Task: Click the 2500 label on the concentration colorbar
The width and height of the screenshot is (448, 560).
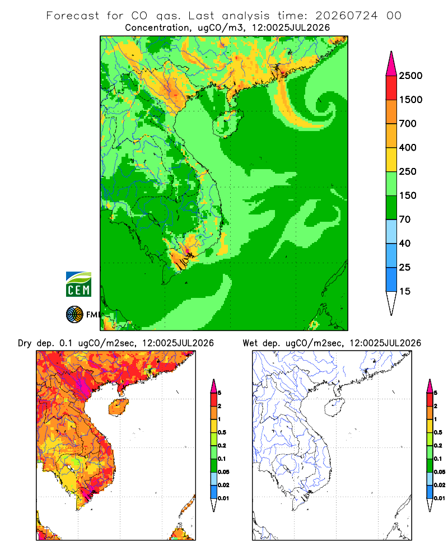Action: pyautogui.click(x=410, y=76)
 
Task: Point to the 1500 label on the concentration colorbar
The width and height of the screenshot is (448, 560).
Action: pyautogui.click(x=410, y=100)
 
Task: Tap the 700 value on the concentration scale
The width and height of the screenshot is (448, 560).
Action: pyautogui.click(x=408, y=124)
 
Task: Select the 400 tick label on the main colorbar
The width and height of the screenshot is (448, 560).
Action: pyautogui.click(x=408, y=147)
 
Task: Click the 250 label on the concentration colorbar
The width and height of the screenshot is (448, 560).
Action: pyautogui.click(x=408, y=171)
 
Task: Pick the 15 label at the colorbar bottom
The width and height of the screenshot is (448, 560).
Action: pyautogui.click(x=405, y=291)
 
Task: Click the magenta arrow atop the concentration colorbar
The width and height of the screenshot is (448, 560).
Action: pyautogui.click(x=391, y=63)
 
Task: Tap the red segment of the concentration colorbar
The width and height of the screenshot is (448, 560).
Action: pyautogui.click(x=391, y=88)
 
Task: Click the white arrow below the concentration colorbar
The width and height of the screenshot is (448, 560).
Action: pyautogui.click(x=391, y=304)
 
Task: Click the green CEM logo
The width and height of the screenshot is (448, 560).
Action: pyautogui.click(x=78, y=284)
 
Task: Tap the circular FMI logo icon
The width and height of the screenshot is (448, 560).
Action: pyautogui.click(x=74, y=315)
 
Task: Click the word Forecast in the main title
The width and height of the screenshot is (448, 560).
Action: pyautogui.click(x=73, y=16)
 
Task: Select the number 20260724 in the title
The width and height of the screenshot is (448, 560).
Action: pyautogui.click(x=346, y=16)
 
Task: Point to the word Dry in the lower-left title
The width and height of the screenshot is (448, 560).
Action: pyautogui.click(x=25, y=343)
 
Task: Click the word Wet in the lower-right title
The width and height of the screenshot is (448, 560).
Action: pyautogui.click(x=250, y=343)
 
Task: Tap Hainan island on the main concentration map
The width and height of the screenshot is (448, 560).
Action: pyautogui.click(x=227, y=123)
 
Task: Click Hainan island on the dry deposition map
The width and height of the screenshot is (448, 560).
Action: pyautogui.click(x=118, y=407)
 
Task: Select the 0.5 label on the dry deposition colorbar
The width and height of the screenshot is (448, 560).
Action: pyautogui.click(x=222, y=432)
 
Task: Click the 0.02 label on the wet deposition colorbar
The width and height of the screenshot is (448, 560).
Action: pyautogui.click(x=440, y=485)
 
